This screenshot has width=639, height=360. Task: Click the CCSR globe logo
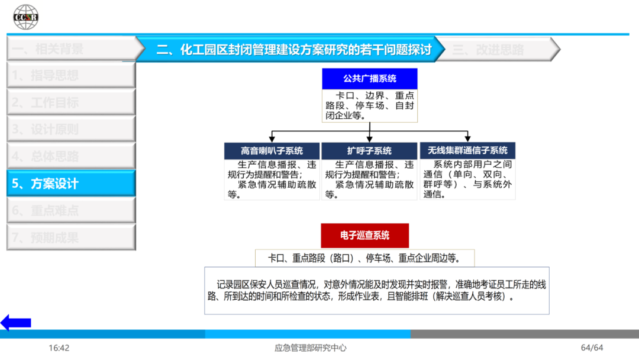click(26, 17)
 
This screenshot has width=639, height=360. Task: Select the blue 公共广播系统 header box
click(370, 79)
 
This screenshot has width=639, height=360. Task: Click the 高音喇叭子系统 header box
click(272, 150)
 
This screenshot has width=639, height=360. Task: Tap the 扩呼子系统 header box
click(369, 150)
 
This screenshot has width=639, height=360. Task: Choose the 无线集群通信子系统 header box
click(467, 150)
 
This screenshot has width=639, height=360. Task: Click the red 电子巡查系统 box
click(364, 236)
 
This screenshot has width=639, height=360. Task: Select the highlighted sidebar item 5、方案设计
click(71, 184)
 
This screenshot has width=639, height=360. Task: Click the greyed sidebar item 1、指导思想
click(71, 75)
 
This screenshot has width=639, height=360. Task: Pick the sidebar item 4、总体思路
click(71, 156)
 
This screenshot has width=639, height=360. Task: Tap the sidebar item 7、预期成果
click(71, 238)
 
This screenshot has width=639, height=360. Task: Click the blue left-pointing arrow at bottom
click(16, 323)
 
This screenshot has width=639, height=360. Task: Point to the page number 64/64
click(592, 348)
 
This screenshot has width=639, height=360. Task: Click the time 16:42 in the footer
click(59, 348)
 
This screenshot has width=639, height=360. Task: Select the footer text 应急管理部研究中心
click(311, 348)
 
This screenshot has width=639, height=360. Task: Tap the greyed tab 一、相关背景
click(65, 49)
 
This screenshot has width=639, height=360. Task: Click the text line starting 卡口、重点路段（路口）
click(364, 258)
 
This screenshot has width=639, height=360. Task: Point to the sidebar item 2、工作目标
click(71, 102)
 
